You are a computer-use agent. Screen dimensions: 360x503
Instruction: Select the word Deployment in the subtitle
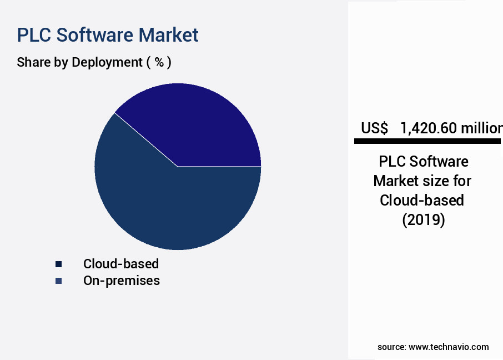[107, 62]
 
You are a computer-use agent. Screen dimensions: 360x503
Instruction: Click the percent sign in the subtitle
[159, 62]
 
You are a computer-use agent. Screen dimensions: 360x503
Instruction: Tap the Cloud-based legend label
[121, 263]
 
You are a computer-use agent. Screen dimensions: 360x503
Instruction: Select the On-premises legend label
[122, 281]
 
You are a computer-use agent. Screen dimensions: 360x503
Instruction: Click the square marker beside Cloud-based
[58, 264]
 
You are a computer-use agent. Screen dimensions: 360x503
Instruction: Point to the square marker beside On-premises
[58, 281]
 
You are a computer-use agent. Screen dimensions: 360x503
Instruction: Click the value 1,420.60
[429, 128]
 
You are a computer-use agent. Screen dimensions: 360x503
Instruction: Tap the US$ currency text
[374, 128]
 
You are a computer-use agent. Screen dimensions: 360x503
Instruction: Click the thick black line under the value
[427, 142]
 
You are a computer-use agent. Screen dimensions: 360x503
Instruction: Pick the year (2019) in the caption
[423, 219]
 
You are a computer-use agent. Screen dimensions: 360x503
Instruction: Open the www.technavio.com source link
[449, 347]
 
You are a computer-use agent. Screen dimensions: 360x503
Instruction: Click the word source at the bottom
[391, 347]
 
